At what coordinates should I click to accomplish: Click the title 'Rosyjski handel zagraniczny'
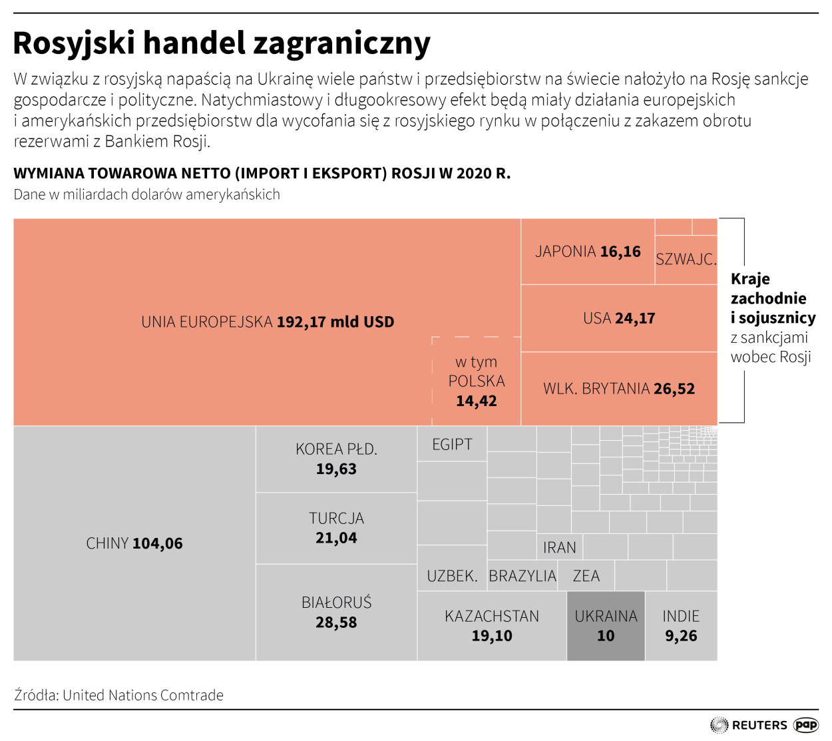(222, 43)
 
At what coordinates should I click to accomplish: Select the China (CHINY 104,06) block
(134, 543)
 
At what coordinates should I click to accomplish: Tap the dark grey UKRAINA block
(606, 626)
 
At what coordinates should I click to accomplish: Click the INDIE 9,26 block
(681, 626)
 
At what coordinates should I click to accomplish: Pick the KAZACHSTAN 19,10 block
(492, 626)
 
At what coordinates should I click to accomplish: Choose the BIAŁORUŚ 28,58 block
(336, 613)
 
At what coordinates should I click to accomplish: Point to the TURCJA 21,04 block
(336, 528)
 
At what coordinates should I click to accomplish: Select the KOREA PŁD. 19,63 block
(336, 459)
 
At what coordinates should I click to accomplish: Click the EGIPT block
(452, 444)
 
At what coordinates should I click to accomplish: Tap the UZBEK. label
(452, 576)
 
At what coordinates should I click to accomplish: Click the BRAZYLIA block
(522, 576)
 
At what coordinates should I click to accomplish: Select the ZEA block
(586, 576)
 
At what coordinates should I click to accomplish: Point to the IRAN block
(559, 547)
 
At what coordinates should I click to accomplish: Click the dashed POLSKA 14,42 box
(476, 381)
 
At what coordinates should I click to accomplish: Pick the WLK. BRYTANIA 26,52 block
(619, 389)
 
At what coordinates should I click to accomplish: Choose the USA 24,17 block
(619, 318)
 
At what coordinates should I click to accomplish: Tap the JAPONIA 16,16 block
(588, 252)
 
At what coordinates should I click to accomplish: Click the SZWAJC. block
(686, 260)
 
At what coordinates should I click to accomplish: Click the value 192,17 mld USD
(335, 322)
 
